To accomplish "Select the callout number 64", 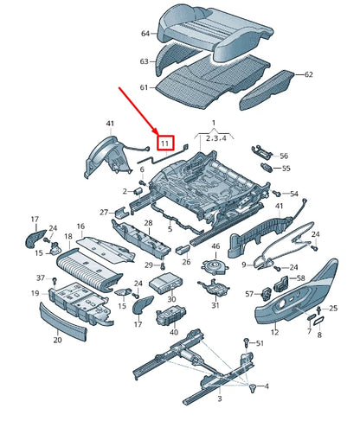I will (145, 33).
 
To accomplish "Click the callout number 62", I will (308, 74).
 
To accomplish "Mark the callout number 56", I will (283, 156).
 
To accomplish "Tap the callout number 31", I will (215, 305).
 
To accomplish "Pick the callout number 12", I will (274, 331).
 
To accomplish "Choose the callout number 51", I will (259, 343).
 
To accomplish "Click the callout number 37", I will (40, 278).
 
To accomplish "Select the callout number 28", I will (148, 224).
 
